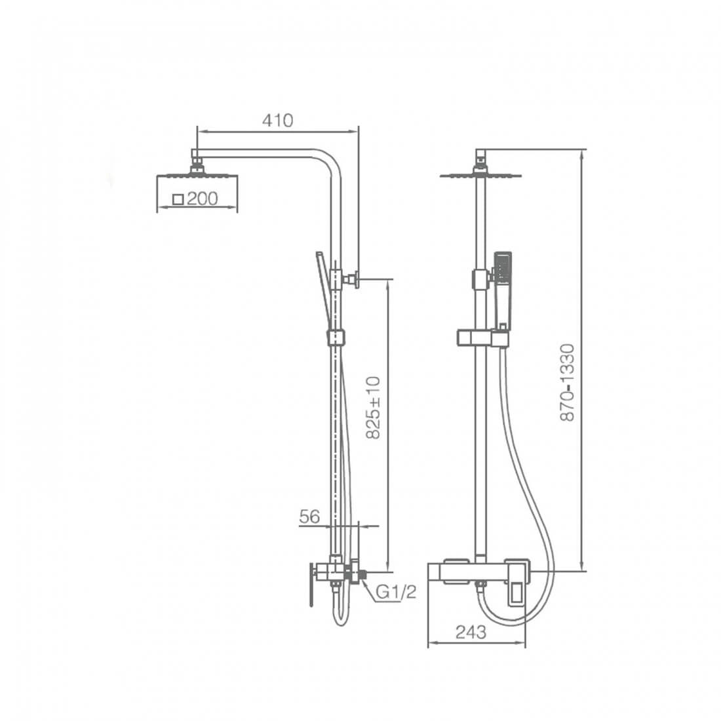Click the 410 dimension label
click(x=277, y=121)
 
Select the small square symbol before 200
click(x=178, y=199)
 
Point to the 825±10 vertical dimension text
click(x=374, y=408)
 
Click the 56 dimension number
click(x=309, y=516)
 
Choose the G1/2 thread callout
click(x=396, y=592)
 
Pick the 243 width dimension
click(x=471, y=633)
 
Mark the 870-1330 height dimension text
click(x=568, y=383)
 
